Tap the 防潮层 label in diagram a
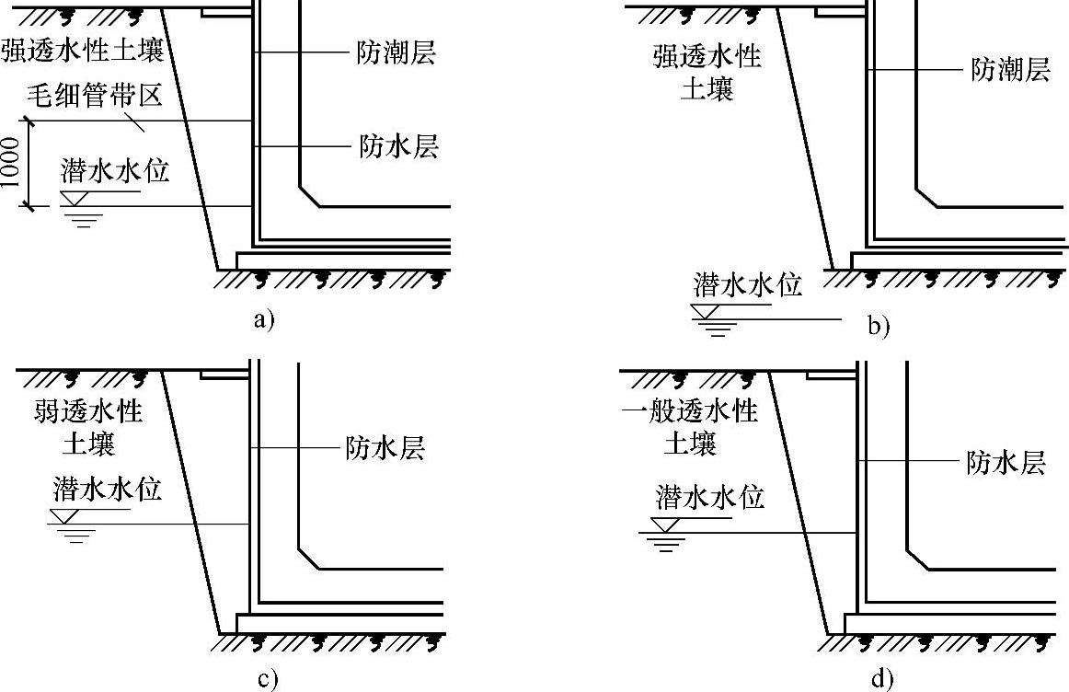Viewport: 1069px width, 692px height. pyautogui.click(x=396, y=54)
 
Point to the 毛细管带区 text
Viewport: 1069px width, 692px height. pyautogui.click(x=83, y=95)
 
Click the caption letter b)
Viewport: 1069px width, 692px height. pyautogui.click(x=879, y=325)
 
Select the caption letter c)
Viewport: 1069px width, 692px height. pyautogui.click(x=267, y=679)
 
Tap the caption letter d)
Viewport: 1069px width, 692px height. pyautogui.click(x=880, y=679)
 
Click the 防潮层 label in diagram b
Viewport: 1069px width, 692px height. pyautogui.click(x=1010, y=70)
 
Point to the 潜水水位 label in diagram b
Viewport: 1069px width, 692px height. pyautogui.click(x=747, y=284)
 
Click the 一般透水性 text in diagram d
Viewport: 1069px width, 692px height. pyautogui.click(x=690, y=410)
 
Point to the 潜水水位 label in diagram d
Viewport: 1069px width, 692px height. pyautogui.click(x=711, y=498)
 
